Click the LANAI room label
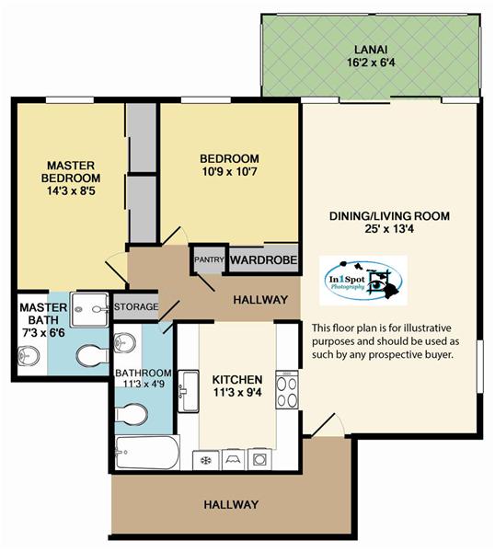tap(371, 50)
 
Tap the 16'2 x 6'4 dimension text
tap(371, 63)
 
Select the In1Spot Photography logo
tap(363, 281)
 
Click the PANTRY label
tap(209, 259)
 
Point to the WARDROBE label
tap(263, 260)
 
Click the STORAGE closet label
tap(136, 306)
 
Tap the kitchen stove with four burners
tap(287, 389)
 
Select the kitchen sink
tap(189, 391)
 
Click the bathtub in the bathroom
tap(147, 452)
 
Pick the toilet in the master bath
tap(93, 355)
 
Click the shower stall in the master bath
tap(89, 309)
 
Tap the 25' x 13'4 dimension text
tap(389, 229)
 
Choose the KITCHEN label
tap(237, 379)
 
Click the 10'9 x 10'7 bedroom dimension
tap(229, 172)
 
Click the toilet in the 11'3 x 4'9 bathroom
tap(131, 414)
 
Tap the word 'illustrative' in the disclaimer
tap(427, 328)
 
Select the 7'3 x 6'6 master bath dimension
tap(43, 332)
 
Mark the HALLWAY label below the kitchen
tap(231, 504)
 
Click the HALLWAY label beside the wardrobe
tap(260, 300)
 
